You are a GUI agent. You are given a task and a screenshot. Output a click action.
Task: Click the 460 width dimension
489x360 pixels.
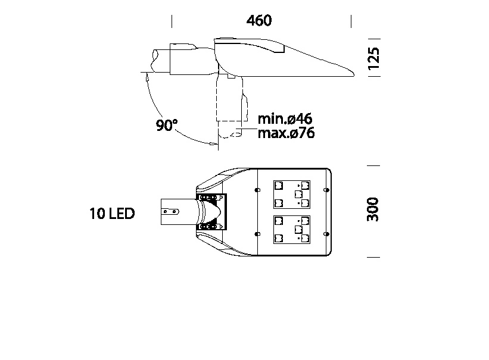tap(259, 20)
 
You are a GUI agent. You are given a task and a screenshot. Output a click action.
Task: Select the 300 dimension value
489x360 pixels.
tap(373, 210)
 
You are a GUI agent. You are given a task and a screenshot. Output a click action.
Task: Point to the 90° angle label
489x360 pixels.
tap(167, 126)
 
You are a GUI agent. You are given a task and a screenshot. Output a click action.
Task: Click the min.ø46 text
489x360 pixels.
tap(285, 118)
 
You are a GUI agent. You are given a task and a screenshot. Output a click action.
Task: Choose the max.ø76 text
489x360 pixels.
tap(286, 133)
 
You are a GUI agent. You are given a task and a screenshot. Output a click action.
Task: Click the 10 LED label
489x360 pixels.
tap(112, 214)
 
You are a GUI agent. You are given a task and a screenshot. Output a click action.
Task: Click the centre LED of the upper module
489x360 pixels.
tap(298, 194)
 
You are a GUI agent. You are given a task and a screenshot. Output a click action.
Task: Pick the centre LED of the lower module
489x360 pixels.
tap(298, 229)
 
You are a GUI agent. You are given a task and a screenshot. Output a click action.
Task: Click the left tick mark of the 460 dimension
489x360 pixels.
tap(172, 21)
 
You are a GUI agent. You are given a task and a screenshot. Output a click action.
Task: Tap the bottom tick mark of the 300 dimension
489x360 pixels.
tap(373, 257)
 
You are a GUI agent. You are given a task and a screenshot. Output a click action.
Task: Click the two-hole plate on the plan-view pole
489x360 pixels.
tap(171, 210)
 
